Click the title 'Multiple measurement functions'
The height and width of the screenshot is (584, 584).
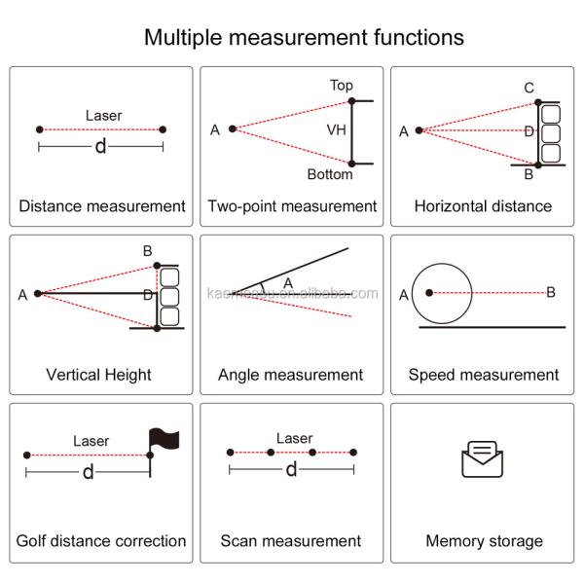[304, 38]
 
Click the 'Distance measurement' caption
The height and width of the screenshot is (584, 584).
[102, 206]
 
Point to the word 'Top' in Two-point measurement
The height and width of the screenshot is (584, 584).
[341, 86]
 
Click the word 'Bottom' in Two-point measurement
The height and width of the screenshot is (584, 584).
[330, 175]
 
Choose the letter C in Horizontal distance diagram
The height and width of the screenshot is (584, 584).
[529, 89]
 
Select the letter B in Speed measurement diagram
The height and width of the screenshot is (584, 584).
[551, 292]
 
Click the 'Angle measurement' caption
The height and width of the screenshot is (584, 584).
[290, 375]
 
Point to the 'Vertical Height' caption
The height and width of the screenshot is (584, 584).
[98, 375]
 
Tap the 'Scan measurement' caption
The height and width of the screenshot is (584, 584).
[290, 541]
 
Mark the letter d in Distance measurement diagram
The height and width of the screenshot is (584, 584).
[100, 147]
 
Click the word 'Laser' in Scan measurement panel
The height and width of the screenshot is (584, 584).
[294, 439]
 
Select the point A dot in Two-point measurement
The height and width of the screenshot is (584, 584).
[233, 128]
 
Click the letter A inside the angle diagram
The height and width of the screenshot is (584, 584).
[287, 282]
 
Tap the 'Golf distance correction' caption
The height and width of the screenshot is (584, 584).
[101, 541]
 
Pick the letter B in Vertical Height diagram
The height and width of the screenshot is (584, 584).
[147, 251]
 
